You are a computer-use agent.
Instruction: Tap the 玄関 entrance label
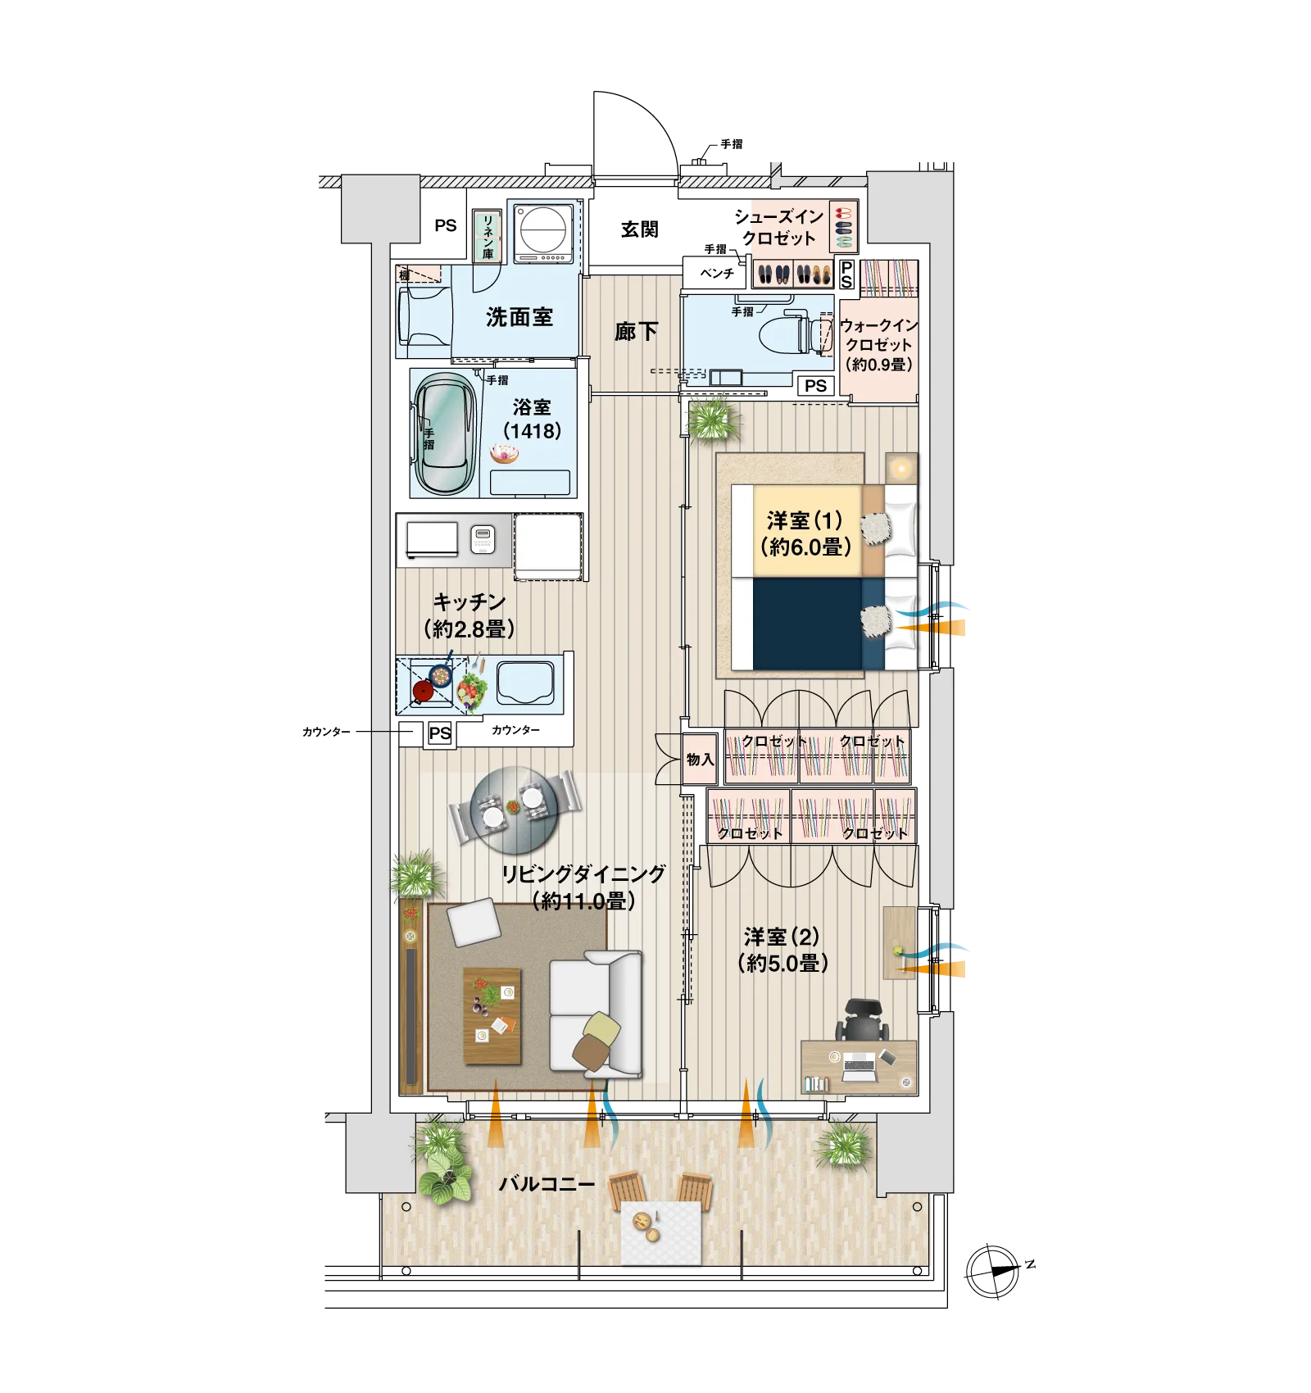click(x=639, y=229)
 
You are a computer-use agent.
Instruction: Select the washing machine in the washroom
click(x=543, y=233)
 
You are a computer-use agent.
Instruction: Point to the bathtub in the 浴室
click(x=445, y=433)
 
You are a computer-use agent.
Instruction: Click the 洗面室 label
click(x=519, y=317)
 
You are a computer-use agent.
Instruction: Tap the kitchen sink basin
click(x=525, y=683)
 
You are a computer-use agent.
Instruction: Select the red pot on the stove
click(x=423, y=691)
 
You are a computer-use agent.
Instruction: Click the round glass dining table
click(x=515, y=810)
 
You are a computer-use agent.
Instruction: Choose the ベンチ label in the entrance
click(x=717, y=273)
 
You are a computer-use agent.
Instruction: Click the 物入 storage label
click(x=700, y=760)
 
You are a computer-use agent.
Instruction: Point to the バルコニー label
click(x=547, y=1184)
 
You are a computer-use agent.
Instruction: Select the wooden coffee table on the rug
click(x=492, y=1016)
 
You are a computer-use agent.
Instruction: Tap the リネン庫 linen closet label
click(x=488, y=236)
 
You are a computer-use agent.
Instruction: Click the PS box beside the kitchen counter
click(x=440, y=733)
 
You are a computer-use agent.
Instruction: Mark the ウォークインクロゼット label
click(x=879, y=345)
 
